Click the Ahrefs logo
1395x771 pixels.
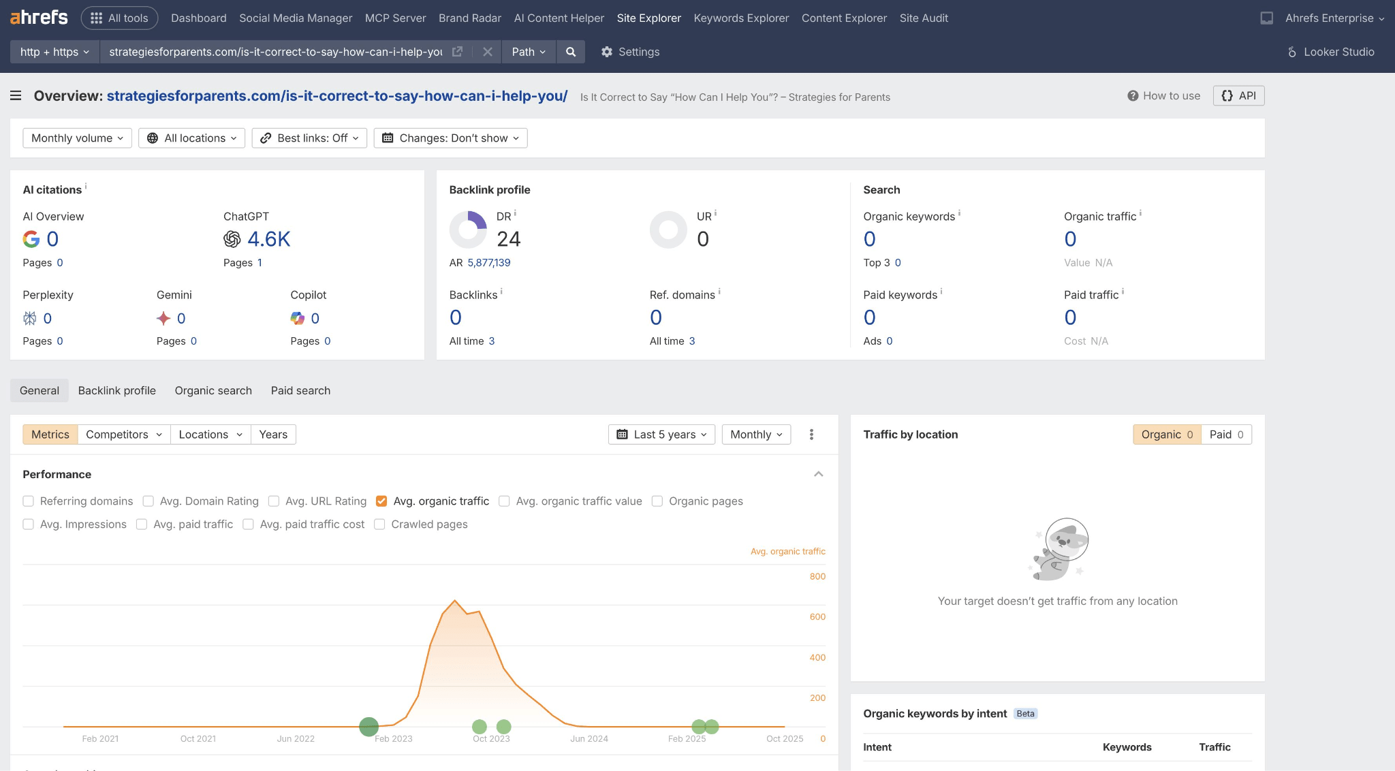pyautogui.click(x=39, y=18)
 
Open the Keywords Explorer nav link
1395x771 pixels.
pyautogui.click(x=741, y=18)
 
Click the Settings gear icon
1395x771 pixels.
pyautogui.click(x=607, y=52)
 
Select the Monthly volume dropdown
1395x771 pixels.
pyautogui.click(x=77, y=138)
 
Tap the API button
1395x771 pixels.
pyautogui.click(x=1238, y=96)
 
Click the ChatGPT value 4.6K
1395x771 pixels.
pyautogui.click(x=268, y=239)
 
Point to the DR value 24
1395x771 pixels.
pyautogui.click(x=508, y=239)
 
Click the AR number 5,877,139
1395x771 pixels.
pyautogui.click(x=488, y=263)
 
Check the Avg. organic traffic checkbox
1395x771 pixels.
pyautogui.click(x=381, y=501)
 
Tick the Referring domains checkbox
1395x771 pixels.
pyautogui.click(x=29, y=501)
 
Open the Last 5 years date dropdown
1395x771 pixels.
pyautogui.click(x=661, y=435)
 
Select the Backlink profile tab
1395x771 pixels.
pyautogui.click(x=116, y=391)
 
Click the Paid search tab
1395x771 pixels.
pyautogui.click(x=300, y=391)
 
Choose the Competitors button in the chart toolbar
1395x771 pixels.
pyautogui.click(x=123, y=435)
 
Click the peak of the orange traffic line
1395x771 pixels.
pyautogui.click(x=455, y=601)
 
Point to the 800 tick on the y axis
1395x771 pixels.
pyautogui.click(x=817, y=577)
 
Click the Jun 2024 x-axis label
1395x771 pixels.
pyautogui.click(x=589, y=739)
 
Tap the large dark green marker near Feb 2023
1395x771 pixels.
pyautogui.click(x=369, y=727)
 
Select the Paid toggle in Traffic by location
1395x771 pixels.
pyautogui.click(x=1226, y=435)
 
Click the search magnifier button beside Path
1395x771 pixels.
pyautogui.click(x=571, y=52)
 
